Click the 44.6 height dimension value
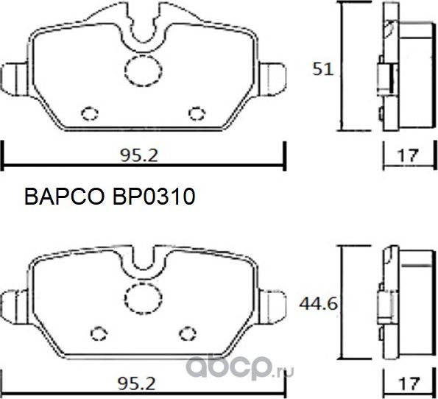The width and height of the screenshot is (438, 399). click(321, 301)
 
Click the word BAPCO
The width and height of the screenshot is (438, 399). click(66, 197)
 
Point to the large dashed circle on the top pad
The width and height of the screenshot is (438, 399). click(140, 69)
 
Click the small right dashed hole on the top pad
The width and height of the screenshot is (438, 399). click(196, 113)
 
